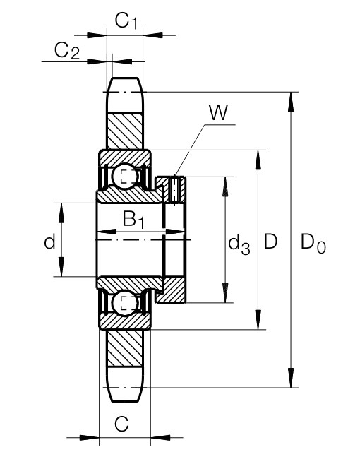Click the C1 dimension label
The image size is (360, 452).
coord(126,20)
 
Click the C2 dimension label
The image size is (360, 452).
coord(67,51)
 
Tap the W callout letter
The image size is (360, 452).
coord(219,113)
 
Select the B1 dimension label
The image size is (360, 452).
coord(133,220)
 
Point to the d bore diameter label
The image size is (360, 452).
coord(49,242)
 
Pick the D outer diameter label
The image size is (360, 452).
coord(270,242)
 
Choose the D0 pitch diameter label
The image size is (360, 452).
coord(313,244)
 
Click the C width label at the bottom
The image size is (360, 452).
coord(121,424)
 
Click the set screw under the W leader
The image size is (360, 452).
coord(175,190)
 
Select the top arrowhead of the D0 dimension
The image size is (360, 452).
coord(291,102)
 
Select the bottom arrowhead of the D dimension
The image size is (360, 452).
coord(258,319)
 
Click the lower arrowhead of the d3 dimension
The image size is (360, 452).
coord(225,293)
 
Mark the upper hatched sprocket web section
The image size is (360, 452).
coord(125,131)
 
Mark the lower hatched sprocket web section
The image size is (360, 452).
coord(125,348)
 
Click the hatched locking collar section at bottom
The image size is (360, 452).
coord(172,290)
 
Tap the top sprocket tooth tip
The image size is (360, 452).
coord(125,79)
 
